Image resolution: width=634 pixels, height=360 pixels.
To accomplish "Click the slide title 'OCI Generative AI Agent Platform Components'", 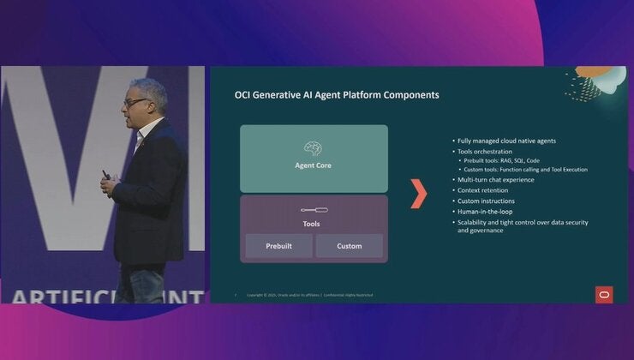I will click(337, 94).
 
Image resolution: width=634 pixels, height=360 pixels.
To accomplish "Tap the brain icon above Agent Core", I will click(313, 149).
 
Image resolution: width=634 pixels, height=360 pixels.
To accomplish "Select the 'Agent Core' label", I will click(313, 165).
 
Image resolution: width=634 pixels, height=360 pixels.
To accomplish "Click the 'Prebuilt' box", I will click(279, 246).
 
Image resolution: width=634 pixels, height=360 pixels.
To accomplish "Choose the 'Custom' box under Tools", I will click(349, 246).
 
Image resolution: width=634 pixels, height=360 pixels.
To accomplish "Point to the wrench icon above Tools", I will click(313, 209).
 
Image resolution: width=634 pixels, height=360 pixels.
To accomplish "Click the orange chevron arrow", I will click(418, 195).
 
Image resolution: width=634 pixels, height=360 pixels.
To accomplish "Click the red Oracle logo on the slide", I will click(604, 294).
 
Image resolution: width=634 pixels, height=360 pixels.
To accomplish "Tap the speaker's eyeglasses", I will click(135, 102).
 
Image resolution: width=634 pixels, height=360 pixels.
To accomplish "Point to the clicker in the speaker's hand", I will click(107, 175).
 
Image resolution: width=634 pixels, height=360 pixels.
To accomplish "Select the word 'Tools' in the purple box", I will click(313, 224).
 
